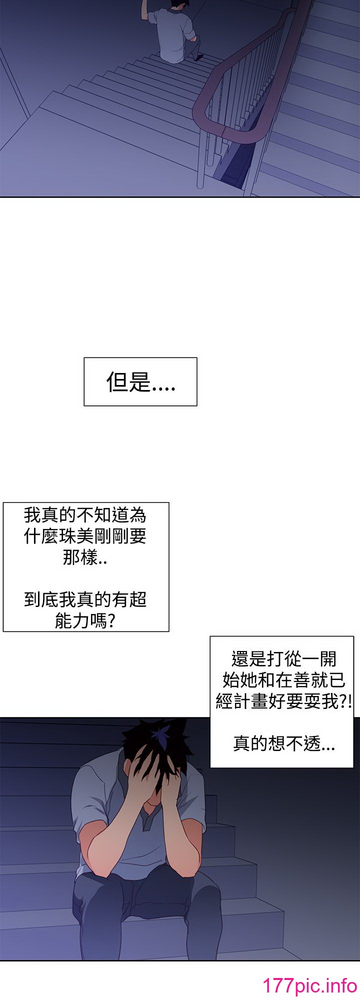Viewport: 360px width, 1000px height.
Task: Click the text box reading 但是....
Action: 140,381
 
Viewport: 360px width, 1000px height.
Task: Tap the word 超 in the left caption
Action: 136,599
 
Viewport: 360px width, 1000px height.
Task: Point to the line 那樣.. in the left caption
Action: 84,557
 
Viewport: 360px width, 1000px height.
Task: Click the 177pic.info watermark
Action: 309,985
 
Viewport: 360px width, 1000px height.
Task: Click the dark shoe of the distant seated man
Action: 198,57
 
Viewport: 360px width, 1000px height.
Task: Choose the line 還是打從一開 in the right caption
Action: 284,659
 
